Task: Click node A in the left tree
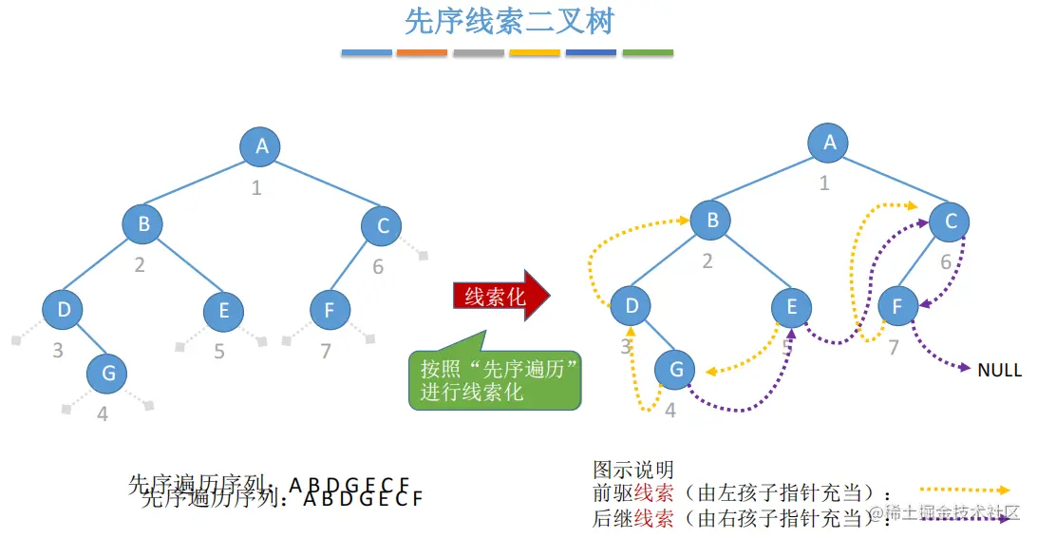(x=262, y=146)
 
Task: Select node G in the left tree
(x=108, y=373)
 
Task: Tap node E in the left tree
(x=224, y=310)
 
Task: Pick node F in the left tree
(x=330, y=310)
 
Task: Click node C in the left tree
(x=383, y=225)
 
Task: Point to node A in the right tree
(x=829, y=143)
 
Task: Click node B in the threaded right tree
(x=711, y=221)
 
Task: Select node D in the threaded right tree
(x=631, y=306)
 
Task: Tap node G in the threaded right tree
(x=675, y=369)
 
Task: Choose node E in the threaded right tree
(x=791, y=306)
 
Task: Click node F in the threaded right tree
(x=896, y=306)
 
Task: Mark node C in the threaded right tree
(x=950, y=221)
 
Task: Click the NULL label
(x=999, y=370)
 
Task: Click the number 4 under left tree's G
(x=103, y=414)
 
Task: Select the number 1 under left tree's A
(x=256, y=188)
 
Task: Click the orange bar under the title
(x=422, y=52)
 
